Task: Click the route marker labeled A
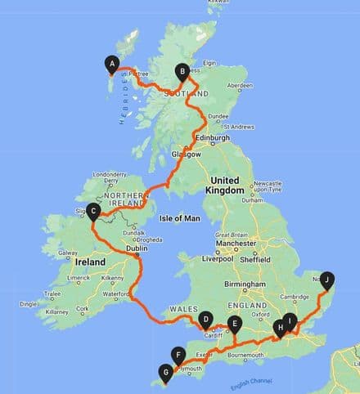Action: pyautogui.click(x=112, y=63)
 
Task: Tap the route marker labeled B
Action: pyautogui.click(x=182, y=71)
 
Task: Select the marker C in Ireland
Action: pyautogui.click(x=94, y=212)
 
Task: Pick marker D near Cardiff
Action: pyautogui.click(x=205, y=319)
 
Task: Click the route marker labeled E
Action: pyautogui.click(x=235, y=324)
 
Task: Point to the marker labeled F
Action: pyautogui.click(x=177, y=354)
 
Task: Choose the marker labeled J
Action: pyautogui.click(x=327, y=279)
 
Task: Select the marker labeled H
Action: pyautogui.click(x=280, y=328)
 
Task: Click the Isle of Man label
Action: pyautogui.click(x=183, y=217)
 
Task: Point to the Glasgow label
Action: pyautogui.click(x=186, y=154)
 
